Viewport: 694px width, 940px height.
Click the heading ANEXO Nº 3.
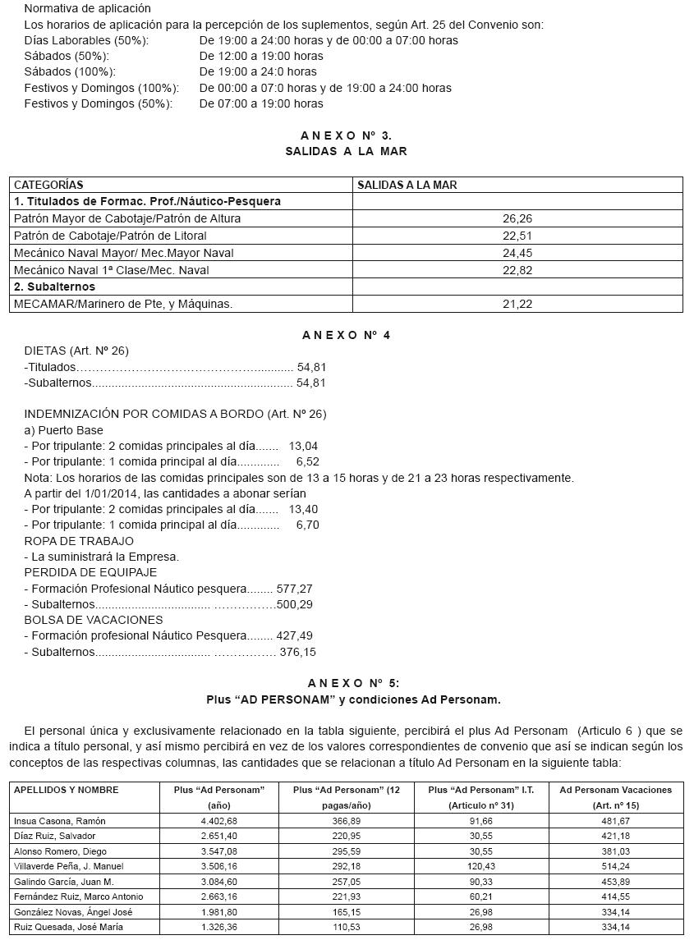coord(346,135)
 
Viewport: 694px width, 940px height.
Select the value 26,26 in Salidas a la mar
coord(517,219)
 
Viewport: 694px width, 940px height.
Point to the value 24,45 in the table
coord(517,253)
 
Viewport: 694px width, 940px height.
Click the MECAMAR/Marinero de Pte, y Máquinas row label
coord(123,304)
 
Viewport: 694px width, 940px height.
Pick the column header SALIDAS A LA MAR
coord(407,186)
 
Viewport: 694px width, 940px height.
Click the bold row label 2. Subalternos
coord(54,287)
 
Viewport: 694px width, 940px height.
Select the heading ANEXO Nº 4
coord(346,335)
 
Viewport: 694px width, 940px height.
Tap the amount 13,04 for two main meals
coord(303,446)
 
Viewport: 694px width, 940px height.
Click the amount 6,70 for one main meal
coord(307,525)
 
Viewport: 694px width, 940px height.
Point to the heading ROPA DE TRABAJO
coord(79,541)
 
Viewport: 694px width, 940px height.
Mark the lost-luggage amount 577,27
coord(294,589)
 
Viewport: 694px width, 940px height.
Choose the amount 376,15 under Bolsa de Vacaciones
coord(297,652)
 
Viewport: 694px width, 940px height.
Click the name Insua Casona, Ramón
coord(60,821)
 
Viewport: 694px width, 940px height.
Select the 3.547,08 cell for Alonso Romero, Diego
coord(218,851)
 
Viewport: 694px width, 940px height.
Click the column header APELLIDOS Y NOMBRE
coord(67,790)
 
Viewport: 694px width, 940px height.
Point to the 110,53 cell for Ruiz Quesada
coord(338,927)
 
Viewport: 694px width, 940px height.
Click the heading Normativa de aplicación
coord(88,8)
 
